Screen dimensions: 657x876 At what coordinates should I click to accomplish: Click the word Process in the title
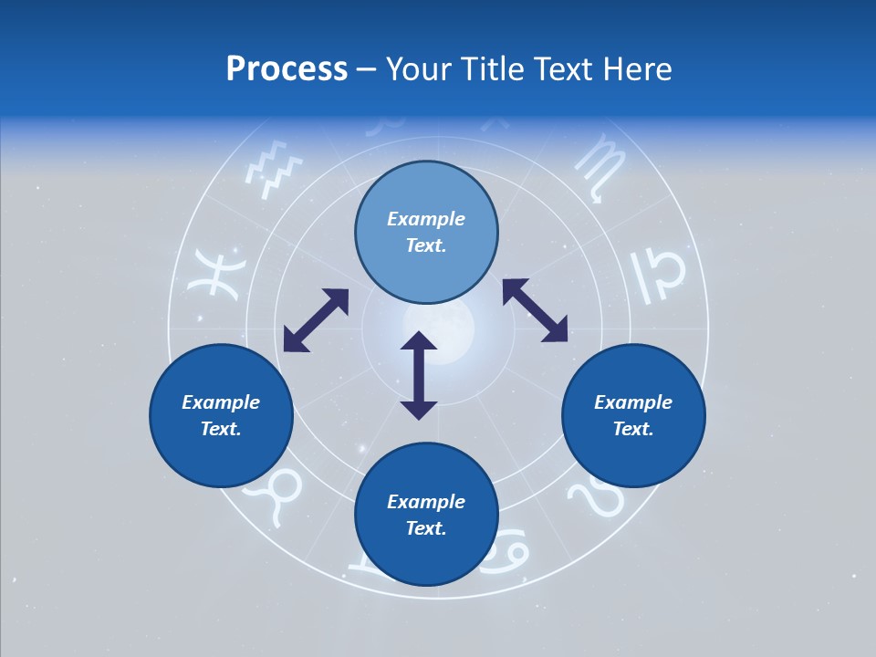287,69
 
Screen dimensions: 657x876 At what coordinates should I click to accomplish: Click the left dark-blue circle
221,415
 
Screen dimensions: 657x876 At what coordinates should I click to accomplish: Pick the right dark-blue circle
633,415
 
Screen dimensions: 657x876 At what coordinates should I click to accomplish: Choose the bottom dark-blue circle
426,514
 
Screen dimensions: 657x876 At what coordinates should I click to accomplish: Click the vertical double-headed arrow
419,375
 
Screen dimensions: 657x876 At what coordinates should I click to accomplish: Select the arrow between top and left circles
316,320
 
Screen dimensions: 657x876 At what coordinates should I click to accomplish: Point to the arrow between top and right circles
535,310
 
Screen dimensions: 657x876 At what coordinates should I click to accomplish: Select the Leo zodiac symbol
599,497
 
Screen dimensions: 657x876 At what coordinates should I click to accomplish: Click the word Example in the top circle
426,219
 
